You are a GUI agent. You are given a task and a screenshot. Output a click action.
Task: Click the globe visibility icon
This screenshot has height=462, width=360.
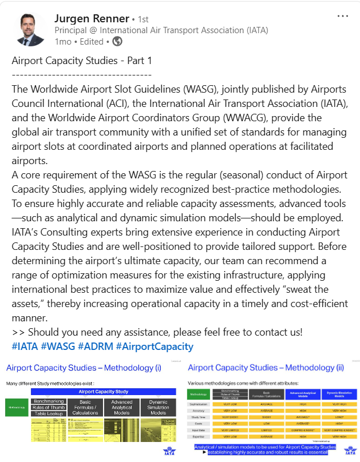(x=117, y=42)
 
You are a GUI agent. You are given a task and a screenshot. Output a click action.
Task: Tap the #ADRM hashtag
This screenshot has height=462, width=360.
(x=95, y=346)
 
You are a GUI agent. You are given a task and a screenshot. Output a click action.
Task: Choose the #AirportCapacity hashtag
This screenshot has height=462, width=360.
(x=155, y=346)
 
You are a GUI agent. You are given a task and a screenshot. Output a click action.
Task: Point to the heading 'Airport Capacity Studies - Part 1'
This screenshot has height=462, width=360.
(x=81, y=61)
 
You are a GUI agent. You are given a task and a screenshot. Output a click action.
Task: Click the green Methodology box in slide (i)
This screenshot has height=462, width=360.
(x=17, y=407)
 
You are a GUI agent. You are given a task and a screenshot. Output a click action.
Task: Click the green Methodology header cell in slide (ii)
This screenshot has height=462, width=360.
(x=199, y=394)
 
